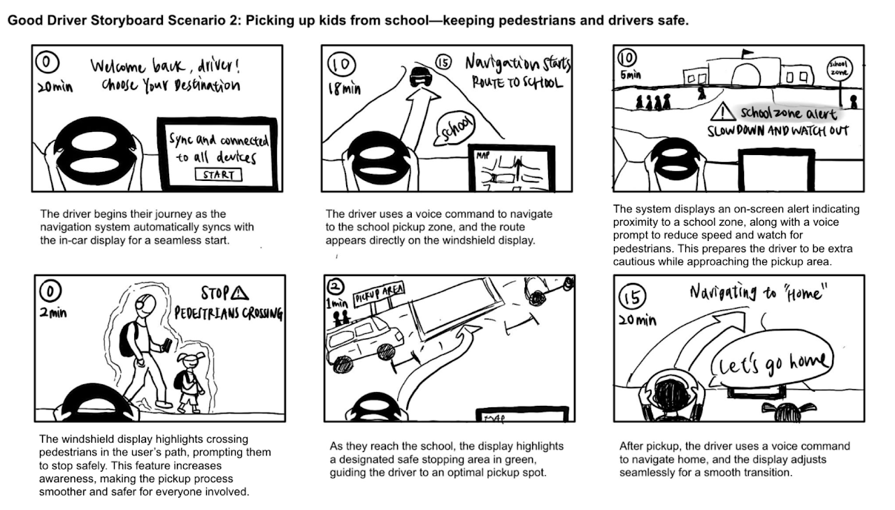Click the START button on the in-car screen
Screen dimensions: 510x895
(218, 175)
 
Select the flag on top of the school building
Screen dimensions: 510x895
(747, 52)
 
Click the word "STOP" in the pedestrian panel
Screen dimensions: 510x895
(217, 293)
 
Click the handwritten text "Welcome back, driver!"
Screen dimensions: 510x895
(166, 67)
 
